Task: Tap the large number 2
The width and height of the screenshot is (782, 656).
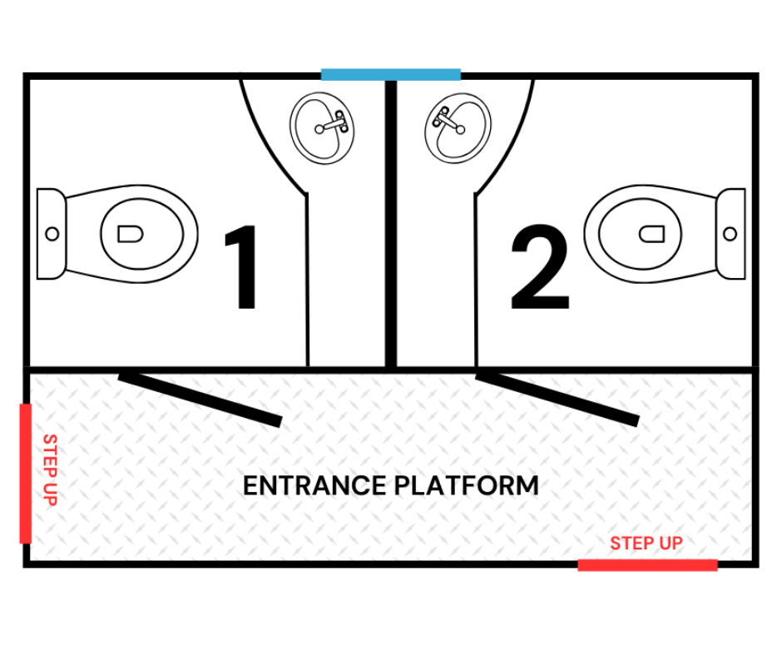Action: click(x=541, y=266)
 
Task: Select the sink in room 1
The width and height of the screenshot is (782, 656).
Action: click(x=322, y=128)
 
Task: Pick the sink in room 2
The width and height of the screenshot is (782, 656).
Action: click(x=458, y=128)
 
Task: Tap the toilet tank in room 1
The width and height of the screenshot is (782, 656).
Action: click(x=51, y=234)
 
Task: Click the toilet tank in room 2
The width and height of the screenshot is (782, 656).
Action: click(x=730, y=234)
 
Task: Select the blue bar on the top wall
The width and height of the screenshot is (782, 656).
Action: click(x=390, y=74)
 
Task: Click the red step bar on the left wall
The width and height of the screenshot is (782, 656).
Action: click(x=26, y=474)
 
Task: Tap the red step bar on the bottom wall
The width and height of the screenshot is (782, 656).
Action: click(x=647, y=565)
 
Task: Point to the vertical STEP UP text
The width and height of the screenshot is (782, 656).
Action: click(x=51, y=470)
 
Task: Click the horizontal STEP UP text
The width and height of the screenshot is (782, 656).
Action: click(x=646, y=543)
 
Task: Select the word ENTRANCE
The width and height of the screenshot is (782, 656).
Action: click(x=314, y=486)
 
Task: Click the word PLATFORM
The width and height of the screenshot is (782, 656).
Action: click(x=466, y=486)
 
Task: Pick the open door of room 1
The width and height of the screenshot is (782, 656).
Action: click(x=200, y=400)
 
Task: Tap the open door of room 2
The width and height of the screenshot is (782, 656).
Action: click(x=557, y=400)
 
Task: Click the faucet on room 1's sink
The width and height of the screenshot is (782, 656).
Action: click(x=332, y=123)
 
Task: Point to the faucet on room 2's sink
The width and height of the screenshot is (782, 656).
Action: click(x=449, y=121)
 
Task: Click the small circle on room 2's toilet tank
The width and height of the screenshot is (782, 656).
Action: click(x=730, y=234)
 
